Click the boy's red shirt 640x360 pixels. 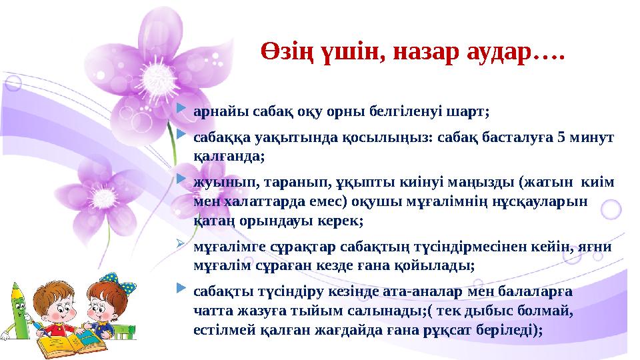click(70, 329)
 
